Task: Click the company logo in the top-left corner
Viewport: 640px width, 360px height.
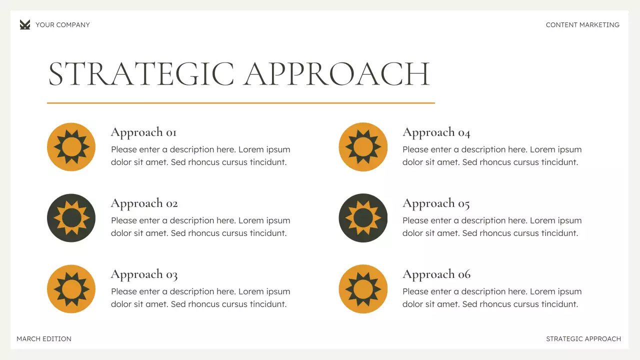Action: [x=25, y=24]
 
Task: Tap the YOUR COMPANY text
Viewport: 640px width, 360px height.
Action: [x=62, y=25]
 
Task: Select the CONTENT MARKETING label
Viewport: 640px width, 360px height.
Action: [x=582, y=25]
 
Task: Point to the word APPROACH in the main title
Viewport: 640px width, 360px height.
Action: [x=336, y=74]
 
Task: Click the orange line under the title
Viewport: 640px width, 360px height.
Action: [x=240, y=103]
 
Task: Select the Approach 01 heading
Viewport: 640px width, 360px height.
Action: [x=143, y=132]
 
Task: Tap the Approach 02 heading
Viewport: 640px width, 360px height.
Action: [x=144, y=203]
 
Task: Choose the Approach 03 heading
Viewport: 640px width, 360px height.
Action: [x=144, y=274]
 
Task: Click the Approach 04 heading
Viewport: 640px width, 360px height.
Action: [x=436, y=132]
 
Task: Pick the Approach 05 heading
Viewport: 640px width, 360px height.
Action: [x=436, y=203]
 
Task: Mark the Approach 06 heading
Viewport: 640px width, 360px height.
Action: [x=436, y=274]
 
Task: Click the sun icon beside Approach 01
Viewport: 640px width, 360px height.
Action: [x=71, y=147]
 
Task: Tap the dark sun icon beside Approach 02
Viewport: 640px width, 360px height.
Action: [x=71, y=218]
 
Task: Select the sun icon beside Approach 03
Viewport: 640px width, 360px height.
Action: [x=71, y=289]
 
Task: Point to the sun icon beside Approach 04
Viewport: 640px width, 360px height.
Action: [x=363, y=147]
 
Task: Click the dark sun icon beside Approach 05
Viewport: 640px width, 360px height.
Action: [x=363, y=218]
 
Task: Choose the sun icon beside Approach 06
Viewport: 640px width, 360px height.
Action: [x=363, y=289]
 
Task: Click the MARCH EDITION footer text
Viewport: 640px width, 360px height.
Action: [x=44, y=339]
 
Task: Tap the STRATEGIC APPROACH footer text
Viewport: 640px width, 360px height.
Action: [x=583, y=339]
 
